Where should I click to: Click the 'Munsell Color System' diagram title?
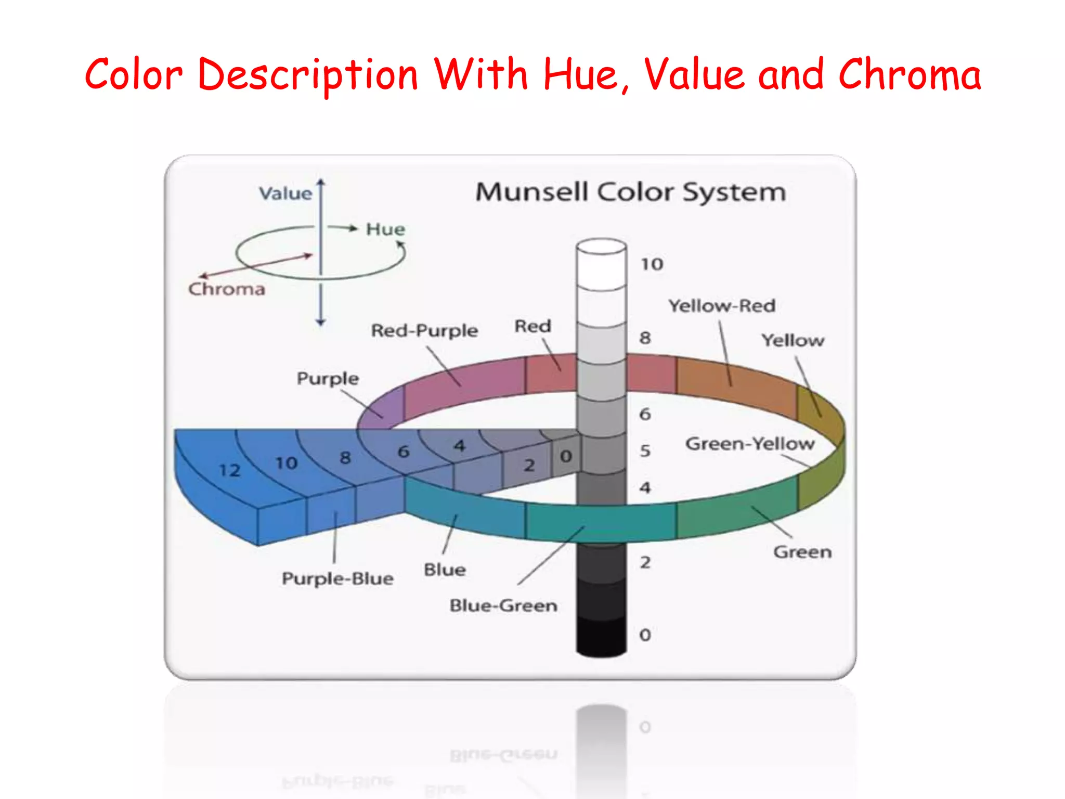[630, 192]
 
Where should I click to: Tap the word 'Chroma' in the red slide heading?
[910, 75]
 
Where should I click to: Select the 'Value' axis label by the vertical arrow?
[285, 194]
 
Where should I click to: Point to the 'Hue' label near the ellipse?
[385, 229]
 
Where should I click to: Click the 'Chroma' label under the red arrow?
[227, 289]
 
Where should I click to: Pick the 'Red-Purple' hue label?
[424, 330]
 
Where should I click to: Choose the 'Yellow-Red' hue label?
[722, 306]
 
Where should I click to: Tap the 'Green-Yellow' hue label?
[750, 444]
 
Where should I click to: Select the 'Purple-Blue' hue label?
[337, 578]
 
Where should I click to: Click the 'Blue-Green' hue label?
[503, 605]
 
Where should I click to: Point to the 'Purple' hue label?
[328, 378]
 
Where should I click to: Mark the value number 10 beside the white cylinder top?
[652, 264]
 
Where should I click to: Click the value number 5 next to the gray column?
[645, 450]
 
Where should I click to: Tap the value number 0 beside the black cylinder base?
[645, 635]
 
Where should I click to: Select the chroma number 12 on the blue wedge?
[229, 470]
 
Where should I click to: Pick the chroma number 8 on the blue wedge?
[345, 458]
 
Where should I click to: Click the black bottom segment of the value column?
[601, 637]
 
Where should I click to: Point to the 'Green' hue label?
[802, 552]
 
